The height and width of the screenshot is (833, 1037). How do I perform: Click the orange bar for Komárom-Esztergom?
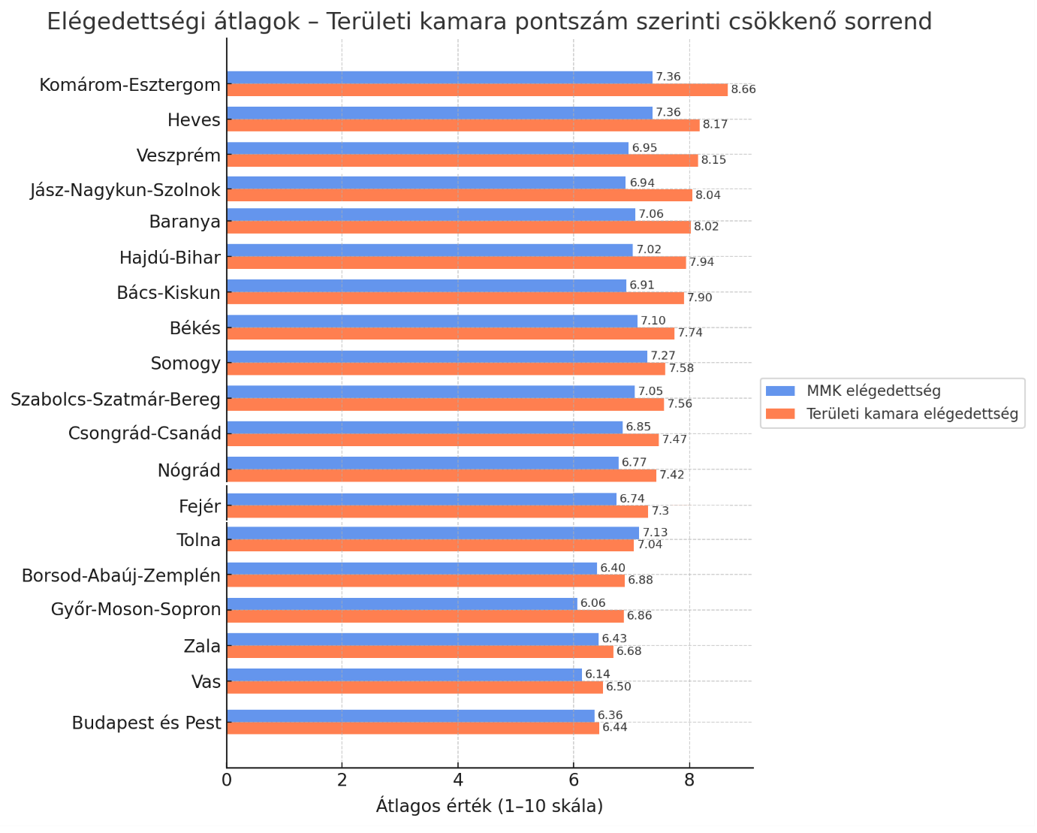[x=477, y=90]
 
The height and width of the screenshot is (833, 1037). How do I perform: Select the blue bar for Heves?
[x=439, y=113]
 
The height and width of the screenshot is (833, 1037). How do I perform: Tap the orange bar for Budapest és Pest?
[x=413, y=728]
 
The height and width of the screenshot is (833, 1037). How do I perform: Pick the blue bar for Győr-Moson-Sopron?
[x=402, y=604]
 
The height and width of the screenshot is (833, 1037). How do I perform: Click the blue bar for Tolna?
[x=433, y=533]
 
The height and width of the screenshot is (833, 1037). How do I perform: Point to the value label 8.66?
[x=743, y=90]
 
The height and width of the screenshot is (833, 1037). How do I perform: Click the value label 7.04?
[x=650, y=545]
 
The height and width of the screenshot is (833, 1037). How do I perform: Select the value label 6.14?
[x=598, y=675]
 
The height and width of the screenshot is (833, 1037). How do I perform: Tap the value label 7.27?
[x=663, y=356]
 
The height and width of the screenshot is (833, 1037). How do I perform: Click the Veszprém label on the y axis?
[x=179, y=156]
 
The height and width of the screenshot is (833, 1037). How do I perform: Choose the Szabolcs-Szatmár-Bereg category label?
[x=116, y=400]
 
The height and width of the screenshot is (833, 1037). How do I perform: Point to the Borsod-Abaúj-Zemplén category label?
[x=121, y=576]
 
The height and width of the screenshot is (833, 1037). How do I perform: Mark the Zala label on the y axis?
[x=202, y=647]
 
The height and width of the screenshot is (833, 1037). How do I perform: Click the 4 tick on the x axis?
[x=458, y=780]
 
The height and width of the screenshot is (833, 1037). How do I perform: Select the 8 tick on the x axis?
[x=689, y=780]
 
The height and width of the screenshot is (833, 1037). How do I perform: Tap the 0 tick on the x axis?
[x=227, y=780]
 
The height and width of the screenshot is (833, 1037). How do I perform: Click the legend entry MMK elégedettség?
[x=873, y=391]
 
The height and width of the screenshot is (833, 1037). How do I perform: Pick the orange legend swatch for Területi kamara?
[x=780, y=414]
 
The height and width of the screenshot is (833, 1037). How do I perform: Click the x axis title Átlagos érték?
[x=490, y=807]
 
